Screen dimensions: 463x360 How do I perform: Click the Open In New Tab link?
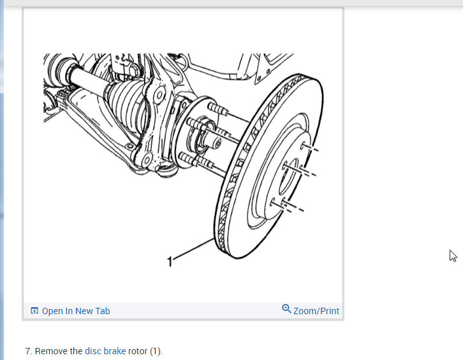coord(76,311)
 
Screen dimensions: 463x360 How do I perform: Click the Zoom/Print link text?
coord(316,311)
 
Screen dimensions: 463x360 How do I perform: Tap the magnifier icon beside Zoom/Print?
coord(286,308)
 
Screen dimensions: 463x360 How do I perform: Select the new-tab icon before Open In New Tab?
coord(34,310)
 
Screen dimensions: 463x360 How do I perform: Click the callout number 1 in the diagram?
coord(170,261)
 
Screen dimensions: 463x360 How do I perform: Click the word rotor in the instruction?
coord(138,351)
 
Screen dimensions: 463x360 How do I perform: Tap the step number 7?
coord(28,351)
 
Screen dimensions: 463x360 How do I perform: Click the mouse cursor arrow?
coord(453,256)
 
